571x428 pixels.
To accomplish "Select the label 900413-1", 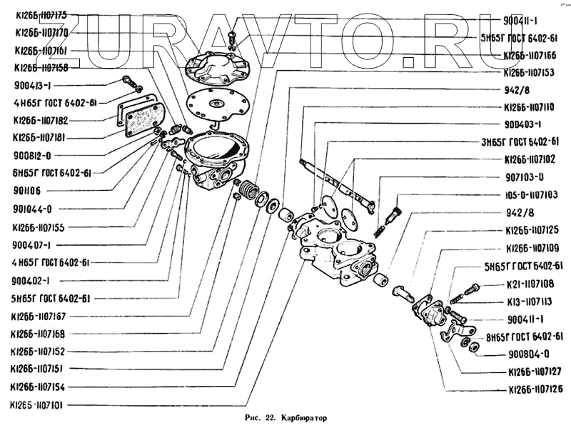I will [x=32, y=85].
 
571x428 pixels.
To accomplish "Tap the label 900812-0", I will [x=32, y=155].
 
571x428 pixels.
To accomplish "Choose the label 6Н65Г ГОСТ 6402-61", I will [x=51, y=173].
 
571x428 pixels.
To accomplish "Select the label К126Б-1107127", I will [x=535, y=372].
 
